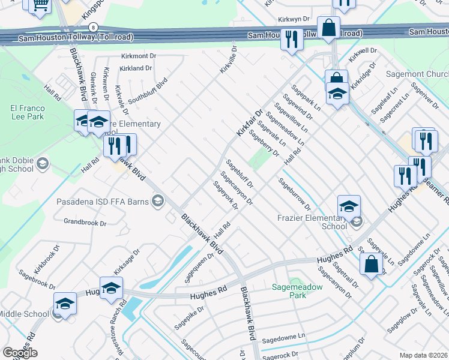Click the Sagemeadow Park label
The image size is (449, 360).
click(x=298, y=290)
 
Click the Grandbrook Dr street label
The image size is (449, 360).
click(x=85, y=222)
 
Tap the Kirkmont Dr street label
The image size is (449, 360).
click(x=138, y=55)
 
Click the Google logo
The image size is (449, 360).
click(x=20, y=353)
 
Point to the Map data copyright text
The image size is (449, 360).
click(x=424, y=355)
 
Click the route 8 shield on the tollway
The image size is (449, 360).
click(x=93, y=28)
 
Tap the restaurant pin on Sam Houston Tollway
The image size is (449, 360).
click(x=292, y=40)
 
